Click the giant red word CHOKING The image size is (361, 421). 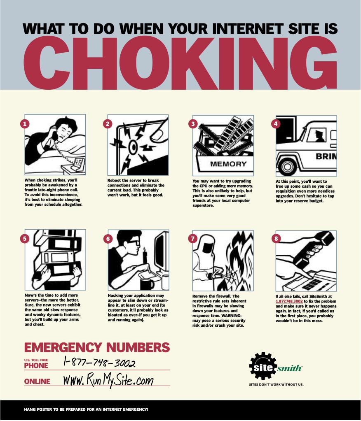click(x=180, y=63)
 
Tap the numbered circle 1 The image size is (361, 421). click(x=25, y=124)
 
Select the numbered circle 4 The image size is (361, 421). click(x=276, y=124)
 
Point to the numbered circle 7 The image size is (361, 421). click(x=193, y=238)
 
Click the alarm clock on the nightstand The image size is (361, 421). click(x=79, y=163)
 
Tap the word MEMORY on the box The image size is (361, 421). click(x=228, y=164)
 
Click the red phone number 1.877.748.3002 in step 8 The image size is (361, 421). click(x=289, y=302)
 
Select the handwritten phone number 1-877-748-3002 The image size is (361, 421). click(x=99, y=362)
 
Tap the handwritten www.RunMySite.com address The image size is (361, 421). click(x=109, y=380)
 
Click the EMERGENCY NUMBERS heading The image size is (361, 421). click(x=97, y=347)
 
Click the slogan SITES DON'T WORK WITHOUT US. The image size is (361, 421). click(x=276, y=384)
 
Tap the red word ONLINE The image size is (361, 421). click(x=37, y=381)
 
